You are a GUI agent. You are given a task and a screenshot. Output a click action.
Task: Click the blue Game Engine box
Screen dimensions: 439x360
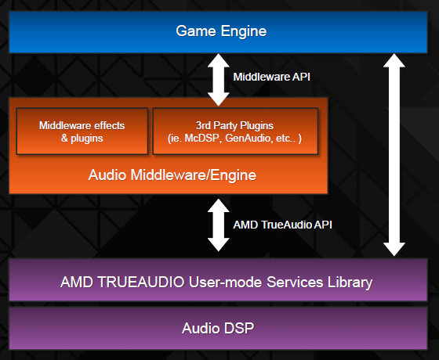click(x=218, y=32)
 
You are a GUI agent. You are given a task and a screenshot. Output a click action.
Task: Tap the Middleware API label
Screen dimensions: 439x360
click(x=271, y=77)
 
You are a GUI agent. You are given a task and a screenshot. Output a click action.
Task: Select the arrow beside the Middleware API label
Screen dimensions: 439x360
click(x=219, y=80)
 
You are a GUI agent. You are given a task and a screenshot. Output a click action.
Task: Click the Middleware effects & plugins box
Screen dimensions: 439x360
click(x=82, y=131)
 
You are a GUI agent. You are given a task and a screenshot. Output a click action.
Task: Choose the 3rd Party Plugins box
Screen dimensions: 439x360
click(x=235, y=131)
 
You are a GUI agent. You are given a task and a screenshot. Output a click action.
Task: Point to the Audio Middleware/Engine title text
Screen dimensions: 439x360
click(x=172, y=175)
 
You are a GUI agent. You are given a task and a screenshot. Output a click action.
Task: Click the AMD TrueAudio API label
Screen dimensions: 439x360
click(x=282, y=225)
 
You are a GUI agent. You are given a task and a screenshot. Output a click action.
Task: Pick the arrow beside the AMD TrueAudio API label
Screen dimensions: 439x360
click(x=219, y=225)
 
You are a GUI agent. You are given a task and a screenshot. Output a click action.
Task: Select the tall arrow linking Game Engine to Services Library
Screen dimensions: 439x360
click(x=394, y=155)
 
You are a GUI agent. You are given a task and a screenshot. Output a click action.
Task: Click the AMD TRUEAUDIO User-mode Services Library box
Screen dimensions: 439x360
click(x=218, y=279)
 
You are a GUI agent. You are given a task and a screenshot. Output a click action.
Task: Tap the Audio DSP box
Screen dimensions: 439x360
click(x=218, y=329)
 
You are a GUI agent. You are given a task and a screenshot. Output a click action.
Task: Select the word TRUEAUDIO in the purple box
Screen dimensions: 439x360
click(x=141, y=282)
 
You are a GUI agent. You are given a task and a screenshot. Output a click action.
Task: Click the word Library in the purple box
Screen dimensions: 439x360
click(x=350, y=283)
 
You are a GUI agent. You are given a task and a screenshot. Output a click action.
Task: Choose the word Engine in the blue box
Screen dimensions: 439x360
click(x=244, y=31)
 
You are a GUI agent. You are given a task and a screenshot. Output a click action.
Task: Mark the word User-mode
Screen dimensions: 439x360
click(x=226, y=282)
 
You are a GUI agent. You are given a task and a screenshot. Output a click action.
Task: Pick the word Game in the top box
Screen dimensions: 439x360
click(x=196, y=31)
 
